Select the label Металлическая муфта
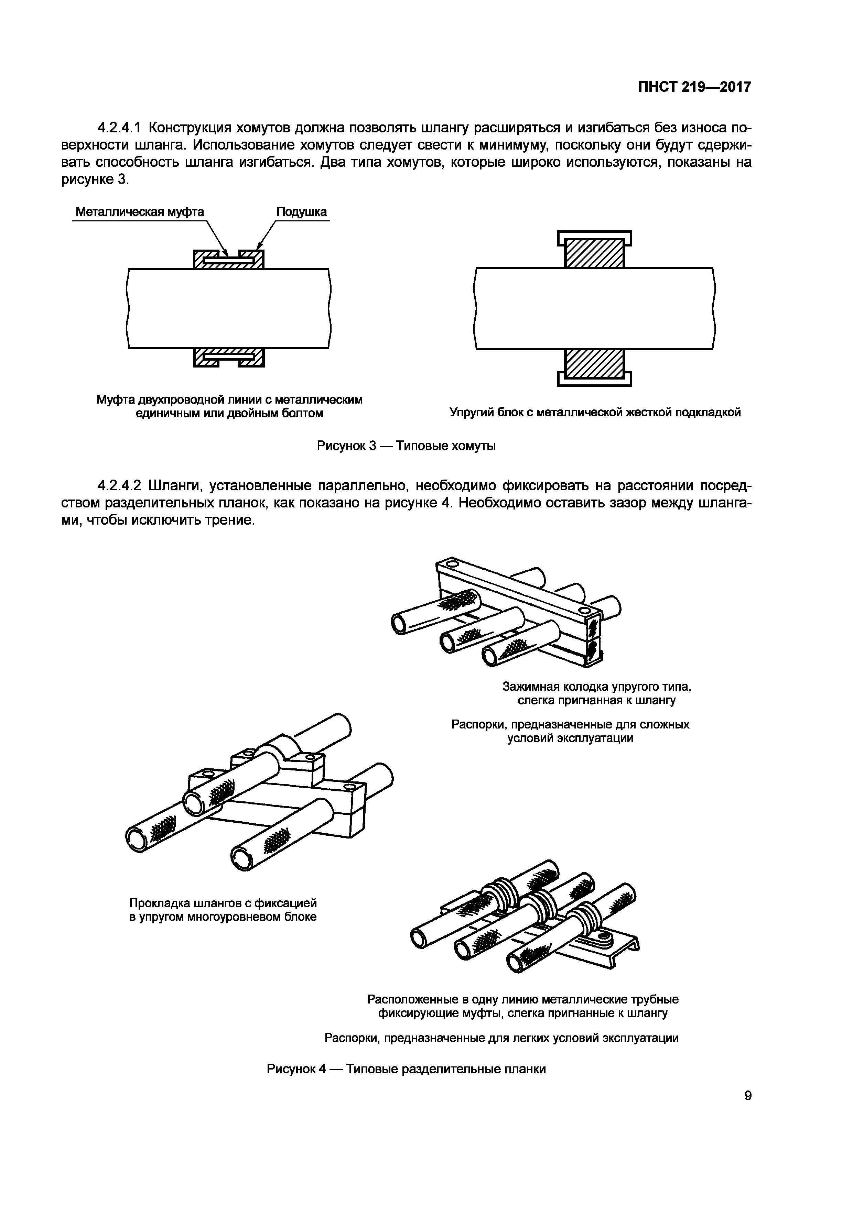(x=139, y=212)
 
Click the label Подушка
(x=301, y=212)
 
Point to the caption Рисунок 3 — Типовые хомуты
(x=406, y=446)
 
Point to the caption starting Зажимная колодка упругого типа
(x=596, y=693)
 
